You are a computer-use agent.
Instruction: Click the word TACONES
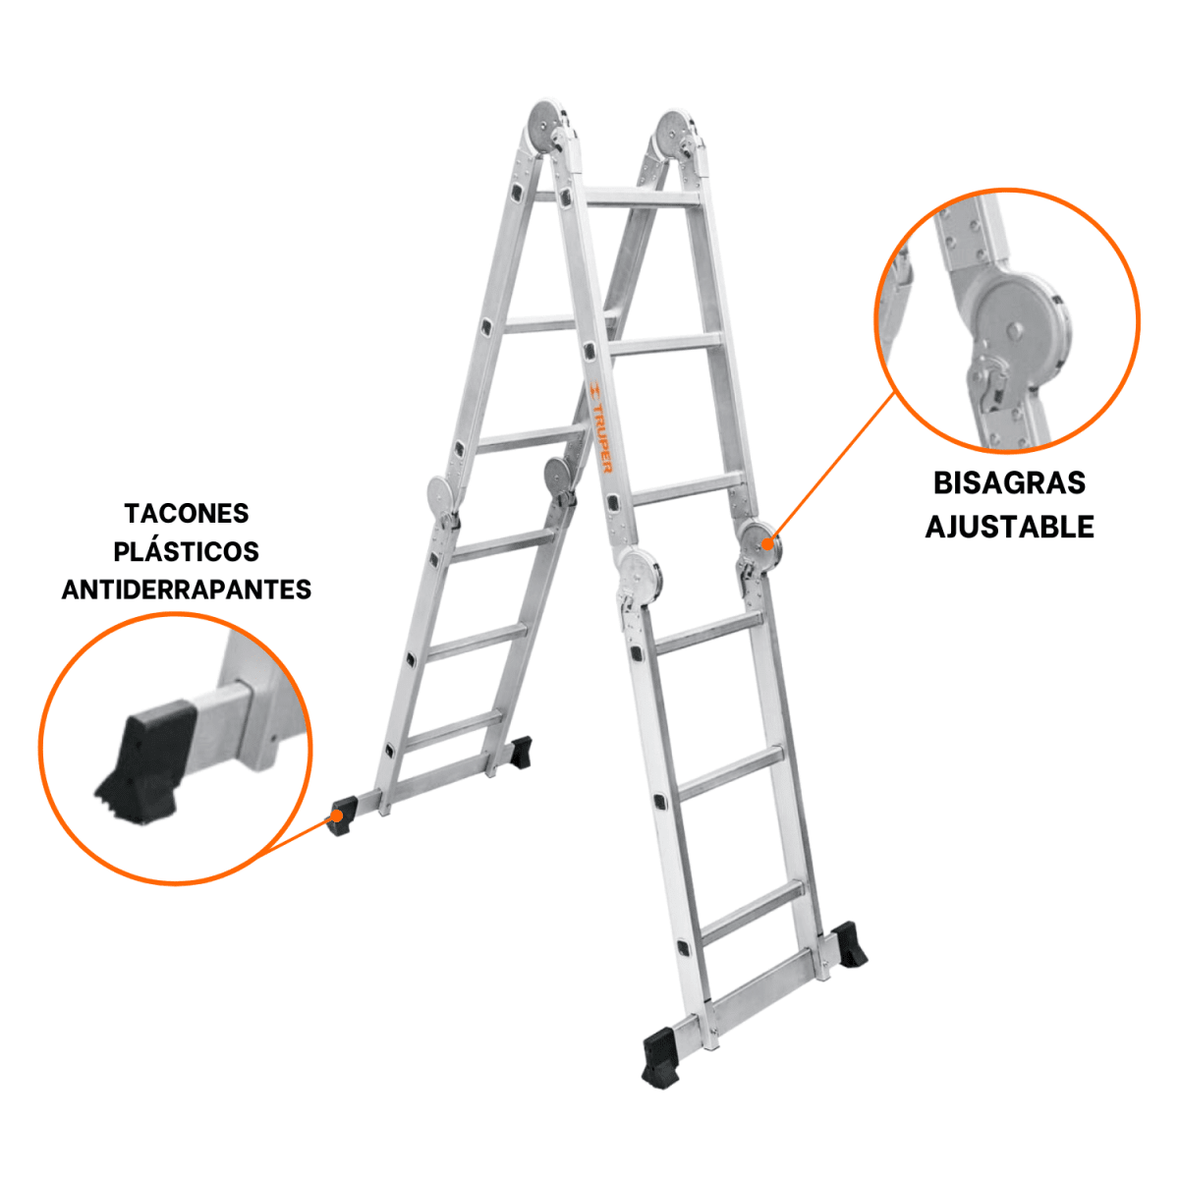coord(187,513)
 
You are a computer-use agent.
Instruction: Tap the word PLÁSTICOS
coord(186,551)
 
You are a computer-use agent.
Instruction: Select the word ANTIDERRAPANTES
coord(187,589)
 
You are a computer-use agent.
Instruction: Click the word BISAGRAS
coord(1009,483)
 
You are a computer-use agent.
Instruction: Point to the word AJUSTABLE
coord(1010,527)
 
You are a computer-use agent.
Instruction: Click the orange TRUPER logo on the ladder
coord(600,427)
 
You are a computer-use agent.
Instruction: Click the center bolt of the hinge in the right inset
coord(1016,331)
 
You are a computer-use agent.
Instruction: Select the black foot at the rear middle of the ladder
coord(520,754)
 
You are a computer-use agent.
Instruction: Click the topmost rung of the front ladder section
coord(643,197)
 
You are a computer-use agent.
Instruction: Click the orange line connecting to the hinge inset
coord(833,468)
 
